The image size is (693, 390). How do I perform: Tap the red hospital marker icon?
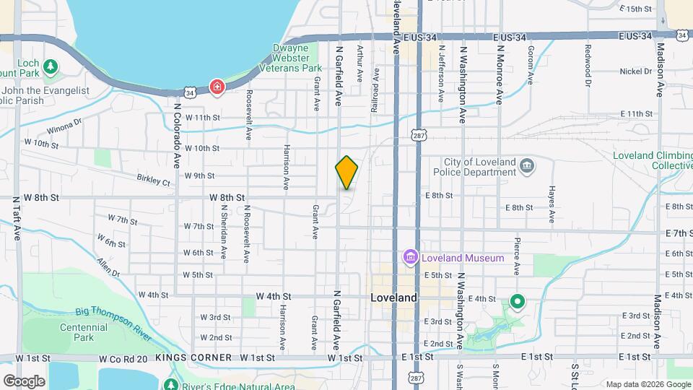[x=217, y=87]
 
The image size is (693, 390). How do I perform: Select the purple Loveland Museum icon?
[x=410, y=257]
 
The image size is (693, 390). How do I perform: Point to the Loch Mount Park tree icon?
[x=50, y=68]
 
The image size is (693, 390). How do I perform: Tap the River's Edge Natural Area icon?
[x=171, y=386]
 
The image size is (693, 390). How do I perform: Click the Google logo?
[x=24, y=381]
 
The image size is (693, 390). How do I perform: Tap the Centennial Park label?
[x=84, y=332]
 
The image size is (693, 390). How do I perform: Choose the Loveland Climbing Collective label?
[x=653, y=160]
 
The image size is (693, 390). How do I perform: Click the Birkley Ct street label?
[x=153, y=178]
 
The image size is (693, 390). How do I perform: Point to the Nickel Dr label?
[x=636, y=71]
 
